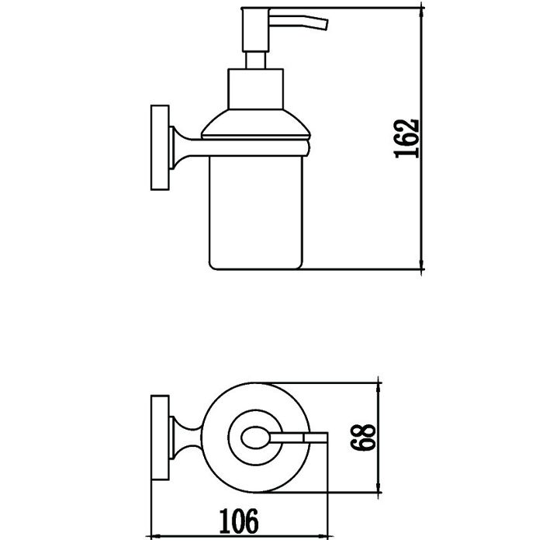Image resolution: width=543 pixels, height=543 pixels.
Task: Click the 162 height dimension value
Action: coord(407,139)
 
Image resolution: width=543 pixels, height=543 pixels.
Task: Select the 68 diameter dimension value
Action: coord(362,437)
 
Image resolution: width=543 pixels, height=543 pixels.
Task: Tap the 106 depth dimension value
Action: coord(239,521)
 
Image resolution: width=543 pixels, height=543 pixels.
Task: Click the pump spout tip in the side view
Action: coord(326,25)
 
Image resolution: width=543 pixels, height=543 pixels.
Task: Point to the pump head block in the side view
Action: coord(256,29)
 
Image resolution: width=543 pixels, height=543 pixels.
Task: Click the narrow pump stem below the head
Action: coord(255,61)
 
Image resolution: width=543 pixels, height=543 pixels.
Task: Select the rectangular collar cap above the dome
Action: coord(255,89)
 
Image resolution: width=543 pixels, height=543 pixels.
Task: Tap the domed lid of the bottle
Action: coord(256,124)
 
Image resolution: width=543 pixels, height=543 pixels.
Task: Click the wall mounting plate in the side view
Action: coord(160,147)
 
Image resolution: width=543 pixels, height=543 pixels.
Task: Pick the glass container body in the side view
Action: coord(256,213)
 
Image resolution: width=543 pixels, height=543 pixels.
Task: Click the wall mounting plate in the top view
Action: coord(160,438)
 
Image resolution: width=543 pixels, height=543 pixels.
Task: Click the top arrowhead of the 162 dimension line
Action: coord(421,12)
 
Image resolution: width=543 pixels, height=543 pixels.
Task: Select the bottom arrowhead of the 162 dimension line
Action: coord(421,264)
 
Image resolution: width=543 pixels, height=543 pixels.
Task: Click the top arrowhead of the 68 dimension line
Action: coord(379,389)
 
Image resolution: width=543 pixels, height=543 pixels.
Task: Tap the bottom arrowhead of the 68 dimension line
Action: coord(379,486)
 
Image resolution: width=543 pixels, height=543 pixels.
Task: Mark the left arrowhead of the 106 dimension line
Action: coord(157,536)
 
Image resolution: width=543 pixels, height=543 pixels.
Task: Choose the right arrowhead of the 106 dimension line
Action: coord(321,536)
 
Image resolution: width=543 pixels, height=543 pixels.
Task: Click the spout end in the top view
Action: coord(316,438)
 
